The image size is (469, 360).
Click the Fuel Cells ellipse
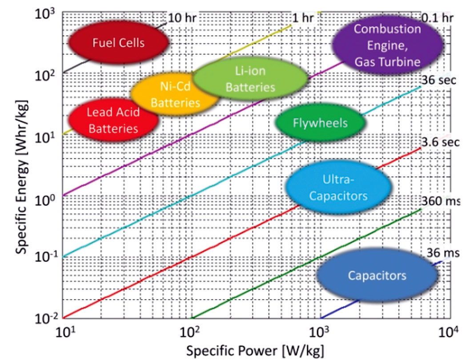118,43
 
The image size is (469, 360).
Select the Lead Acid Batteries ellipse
113,120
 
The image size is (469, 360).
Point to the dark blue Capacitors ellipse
377,276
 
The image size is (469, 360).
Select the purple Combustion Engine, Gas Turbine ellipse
387,45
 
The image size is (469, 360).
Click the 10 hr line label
182,18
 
